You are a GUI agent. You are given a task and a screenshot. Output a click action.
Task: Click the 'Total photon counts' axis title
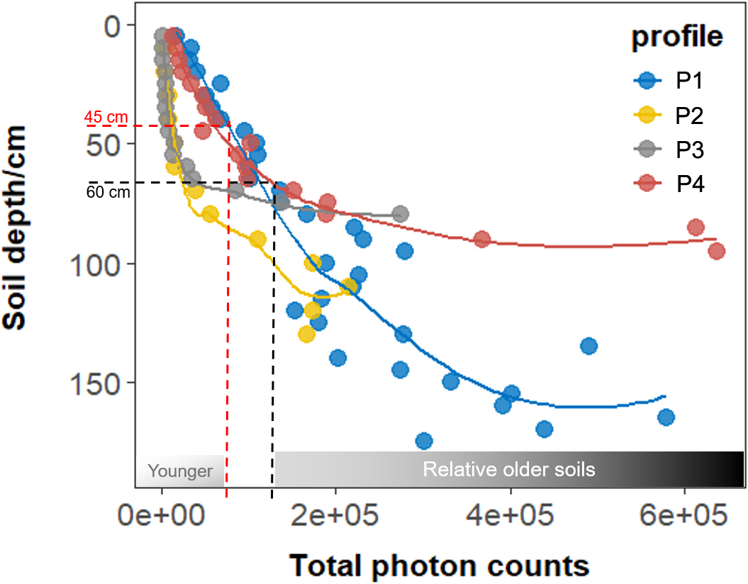tap(439, 566)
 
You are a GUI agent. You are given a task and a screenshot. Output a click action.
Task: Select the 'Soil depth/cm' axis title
tap(21, 227)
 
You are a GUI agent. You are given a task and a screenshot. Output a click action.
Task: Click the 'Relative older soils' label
tap(508, 469)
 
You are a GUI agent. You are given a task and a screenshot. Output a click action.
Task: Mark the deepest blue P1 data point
tap(424, 442)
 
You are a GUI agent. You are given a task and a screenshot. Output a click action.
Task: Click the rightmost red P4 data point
tap(716, 251)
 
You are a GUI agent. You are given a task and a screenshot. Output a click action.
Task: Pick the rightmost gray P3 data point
tap(400, 214)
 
